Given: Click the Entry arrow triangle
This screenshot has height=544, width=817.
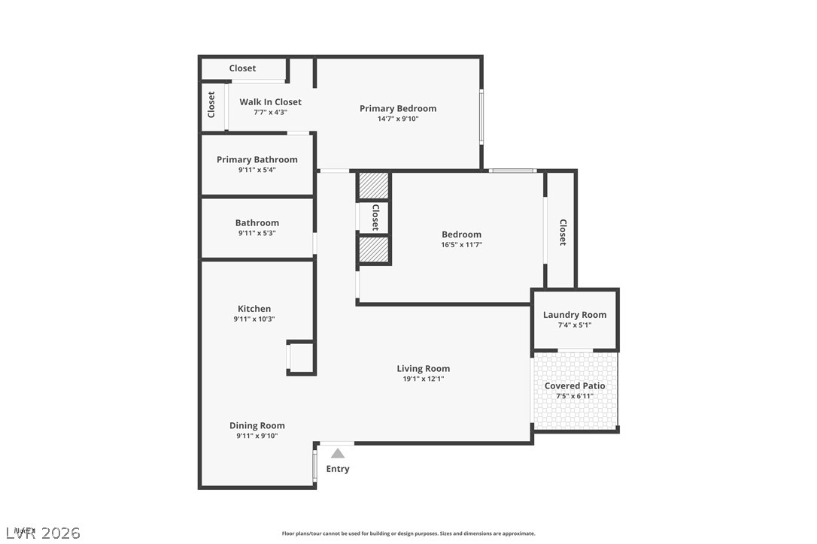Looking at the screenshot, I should tap(338, 453).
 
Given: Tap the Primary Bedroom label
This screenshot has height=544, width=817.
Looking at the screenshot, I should tap(397, 108).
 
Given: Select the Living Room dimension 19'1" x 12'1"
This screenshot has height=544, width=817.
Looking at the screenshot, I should tap(423, 379).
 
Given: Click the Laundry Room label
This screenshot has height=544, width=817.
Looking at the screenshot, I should tap(575, 315).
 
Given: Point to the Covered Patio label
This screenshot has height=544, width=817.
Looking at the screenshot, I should tap(575, 385).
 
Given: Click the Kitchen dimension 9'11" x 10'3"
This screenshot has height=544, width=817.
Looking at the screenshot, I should tap(254, 319).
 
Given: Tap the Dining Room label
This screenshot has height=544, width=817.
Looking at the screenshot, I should tap(257, 425).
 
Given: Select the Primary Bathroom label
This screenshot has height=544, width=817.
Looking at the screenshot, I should tap(257, 159).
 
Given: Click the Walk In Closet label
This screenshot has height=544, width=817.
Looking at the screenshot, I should tap(270, 101).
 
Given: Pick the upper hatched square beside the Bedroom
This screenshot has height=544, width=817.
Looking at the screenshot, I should tap(373, 186).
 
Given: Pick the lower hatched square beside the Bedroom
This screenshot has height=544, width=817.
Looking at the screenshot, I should tap(373, 249).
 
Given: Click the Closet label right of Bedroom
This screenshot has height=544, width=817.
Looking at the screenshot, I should tap(562, 232).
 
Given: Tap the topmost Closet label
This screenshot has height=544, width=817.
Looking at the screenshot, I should tap(242, 68).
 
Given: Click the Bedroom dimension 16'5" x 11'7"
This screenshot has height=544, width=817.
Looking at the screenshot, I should tap(461, 244).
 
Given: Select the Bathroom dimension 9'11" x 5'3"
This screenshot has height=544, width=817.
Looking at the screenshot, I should tap(257, 233).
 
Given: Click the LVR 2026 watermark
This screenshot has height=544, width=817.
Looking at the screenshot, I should tap(41, 533).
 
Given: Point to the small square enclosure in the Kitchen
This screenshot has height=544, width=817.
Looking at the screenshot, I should tap(301, 357).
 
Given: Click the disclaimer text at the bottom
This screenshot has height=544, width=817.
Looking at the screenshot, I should tap(408, 533).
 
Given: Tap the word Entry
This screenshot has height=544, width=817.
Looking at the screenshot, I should tap(338, 469).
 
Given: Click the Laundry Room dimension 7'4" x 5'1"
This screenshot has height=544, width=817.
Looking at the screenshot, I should tap(575, 325).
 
